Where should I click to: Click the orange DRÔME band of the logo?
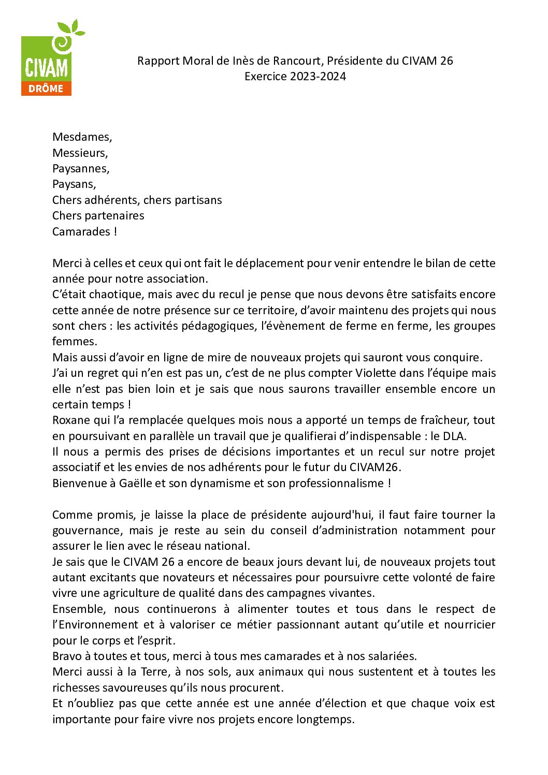tap(46, 88)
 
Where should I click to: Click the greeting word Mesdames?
tap(81, 137)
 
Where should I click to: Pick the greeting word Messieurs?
tap(79, 153)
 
